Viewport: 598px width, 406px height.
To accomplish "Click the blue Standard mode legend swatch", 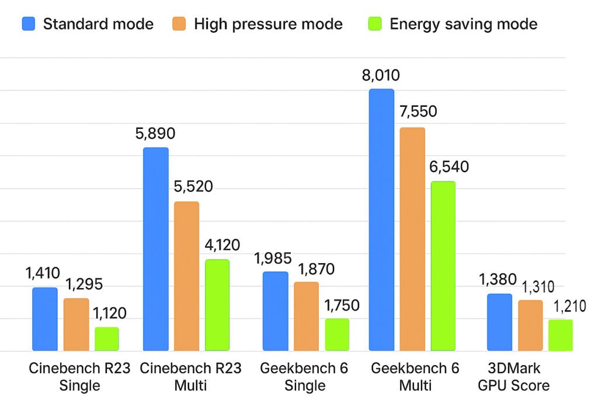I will (29, 24).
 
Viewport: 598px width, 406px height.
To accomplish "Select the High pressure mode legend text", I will (268, 24).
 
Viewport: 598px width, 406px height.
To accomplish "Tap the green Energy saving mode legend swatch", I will (375, 24).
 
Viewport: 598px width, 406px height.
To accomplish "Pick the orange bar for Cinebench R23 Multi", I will (186, 276).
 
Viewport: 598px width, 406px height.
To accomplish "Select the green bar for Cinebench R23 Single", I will (106, 339).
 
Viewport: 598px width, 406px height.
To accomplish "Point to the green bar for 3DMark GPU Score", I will (561, 335).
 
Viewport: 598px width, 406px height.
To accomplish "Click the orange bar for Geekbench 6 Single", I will (306, 317).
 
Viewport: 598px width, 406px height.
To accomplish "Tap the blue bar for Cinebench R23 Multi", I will (156, 249).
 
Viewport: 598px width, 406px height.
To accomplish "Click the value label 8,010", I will (381, 75).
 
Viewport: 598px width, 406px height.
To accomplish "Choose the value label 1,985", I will (274, 258).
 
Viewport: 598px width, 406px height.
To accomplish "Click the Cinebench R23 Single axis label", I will (80, 377).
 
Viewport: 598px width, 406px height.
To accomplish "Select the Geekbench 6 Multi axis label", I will (415, 377).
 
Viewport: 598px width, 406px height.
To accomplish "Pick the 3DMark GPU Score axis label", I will (514, 377).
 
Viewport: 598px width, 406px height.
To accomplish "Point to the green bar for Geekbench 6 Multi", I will (443, 267).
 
